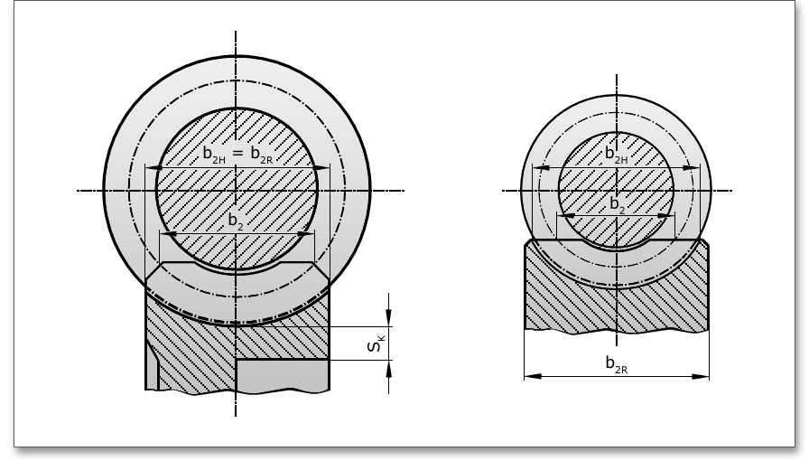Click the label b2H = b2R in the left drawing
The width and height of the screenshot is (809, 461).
point(237,154)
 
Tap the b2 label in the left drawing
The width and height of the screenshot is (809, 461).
point(236,221)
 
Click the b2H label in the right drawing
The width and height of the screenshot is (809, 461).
point(617,154)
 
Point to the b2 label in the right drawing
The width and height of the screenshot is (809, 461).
point(617,204)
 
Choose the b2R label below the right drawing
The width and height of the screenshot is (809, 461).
point(617,364)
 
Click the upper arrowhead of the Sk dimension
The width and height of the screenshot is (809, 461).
point(389,317)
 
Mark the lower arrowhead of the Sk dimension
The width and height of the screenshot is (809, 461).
point(389,369)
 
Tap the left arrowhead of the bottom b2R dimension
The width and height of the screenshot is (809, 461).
point(533,376)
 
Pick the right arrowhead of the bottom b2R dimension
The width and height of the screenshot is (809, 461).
point(700,376)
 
